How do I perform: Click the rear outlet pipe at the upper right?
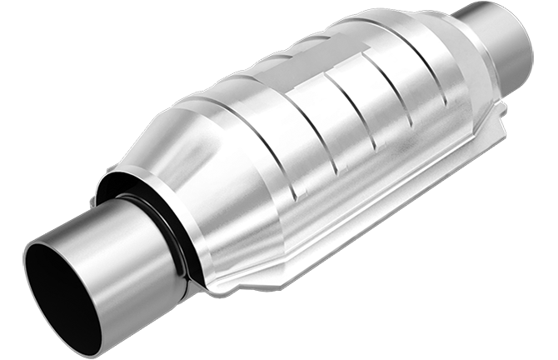[500, 42]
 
